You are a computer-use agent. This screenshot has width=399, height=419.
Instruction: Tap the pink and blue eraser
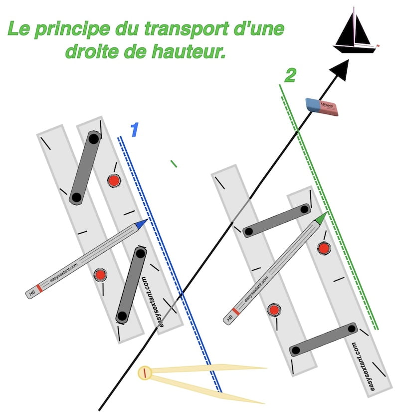322,106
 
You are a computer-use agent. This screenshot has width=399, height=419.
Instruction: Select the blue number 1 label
134,130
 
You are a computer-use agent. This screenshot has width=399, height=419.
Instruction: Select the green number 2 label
290,76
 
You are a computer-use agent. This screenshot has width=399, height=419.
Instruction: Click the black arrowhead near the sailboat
341,68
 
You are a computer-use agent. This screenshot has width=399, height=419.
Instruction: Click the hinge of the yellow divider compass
145,373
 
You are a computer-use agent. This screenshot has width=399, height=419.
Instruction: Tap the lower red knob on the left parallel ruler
100,275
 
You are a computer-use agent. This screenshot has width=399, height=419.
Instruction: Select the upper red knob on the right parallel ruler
324,248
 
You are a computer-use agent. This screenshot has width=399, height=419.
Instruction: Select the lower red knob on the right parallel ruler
273,310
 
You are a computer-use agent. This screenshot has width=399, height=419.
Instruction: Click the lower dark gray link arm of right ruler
323,339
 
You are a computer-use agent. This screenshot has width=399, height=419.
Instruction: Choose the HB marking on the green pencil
230,317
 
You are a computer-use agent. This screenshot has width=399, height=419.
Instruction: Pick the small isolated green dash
173,163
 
